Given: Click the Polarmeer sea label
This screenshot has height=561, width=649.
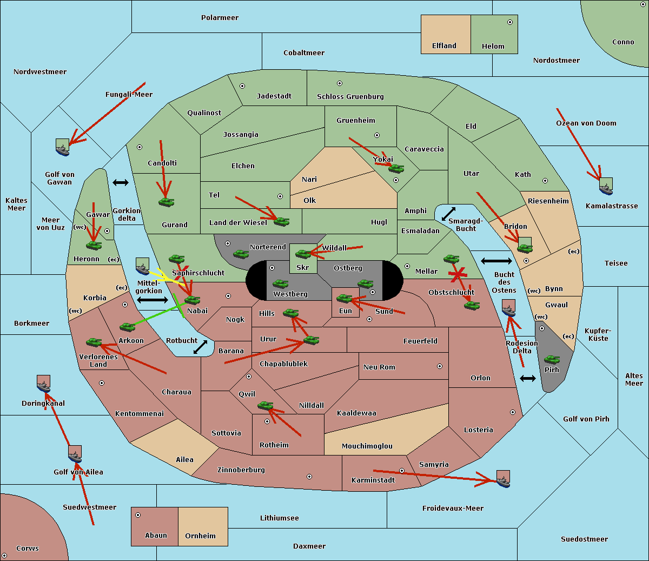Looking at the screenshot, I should click(220, 18).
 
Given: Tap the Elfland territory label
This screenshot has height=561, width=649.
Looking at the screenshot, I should click(444, 46).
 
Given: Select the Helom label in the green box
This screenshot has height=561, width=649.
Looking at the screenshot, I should click(493, 47).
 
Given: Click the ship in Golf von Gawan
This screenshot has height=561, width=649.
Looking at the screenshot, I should click(63, 147).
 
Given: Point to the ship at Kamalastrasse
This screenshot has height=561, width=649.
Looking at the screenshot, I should click(606, 187).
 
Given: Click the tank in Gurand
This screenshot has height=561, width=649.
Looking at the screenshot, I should click(166, 202).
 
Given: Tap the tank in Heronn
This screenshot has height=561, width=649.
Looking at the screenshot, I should click(94, 245).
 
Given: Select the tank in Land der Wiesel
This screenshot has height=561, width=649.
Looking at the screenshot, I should click(281, 221).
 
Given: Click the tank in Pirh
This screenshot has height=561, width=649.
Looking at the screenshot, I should click(552, 360).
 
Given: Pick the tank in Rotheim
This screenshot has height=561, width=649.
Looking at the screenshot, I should click(266, 405).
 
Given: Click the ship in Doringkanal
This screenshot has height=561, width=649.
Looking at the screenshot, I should click(43, 384).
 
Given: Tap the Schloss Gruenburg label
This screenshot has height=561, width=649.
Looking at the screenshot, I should click(350, 97).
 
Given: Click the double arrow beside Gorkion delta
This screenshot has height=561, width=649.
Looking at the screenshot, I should click(120, 182).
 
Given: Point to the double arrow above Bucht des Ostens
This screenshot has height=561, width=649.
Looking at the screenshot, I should click(496, 261).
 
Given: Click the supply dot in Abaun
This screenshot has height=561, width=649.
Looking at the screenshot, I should click(138, 515).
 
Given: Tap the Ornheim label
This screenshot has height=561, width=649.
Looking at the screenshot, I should click(200, 536).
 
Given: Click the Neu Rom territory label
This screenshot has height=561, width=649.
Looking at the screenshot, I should click(379, 367).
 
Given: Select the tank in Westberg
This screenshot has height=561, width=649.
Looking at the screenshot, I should click(280, 284).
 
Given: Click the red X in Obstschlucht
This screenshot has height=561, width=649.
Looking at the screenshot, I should click(458, 275).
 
